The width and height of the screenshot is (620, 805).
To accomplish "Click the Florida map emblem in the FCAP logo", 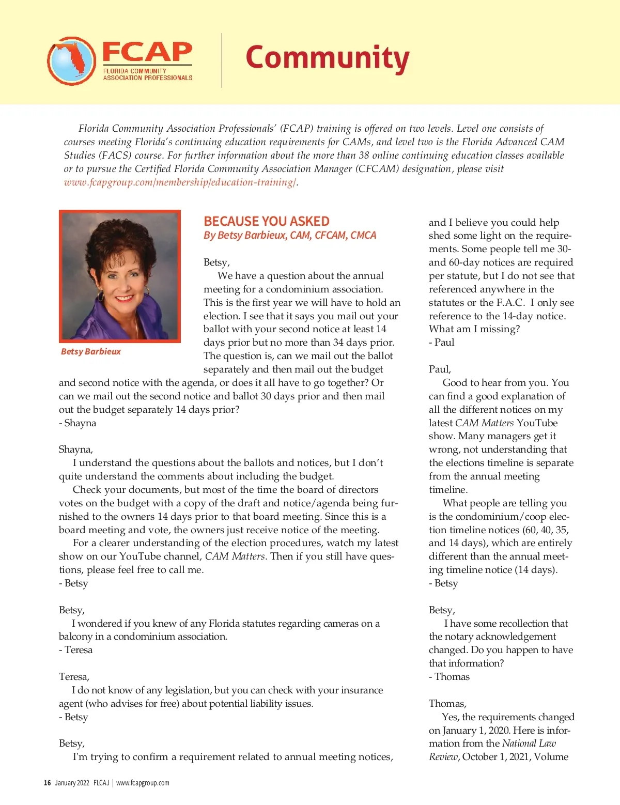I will (71, 60).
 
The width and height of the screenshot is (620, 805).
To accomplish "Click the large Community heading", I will (327, 58).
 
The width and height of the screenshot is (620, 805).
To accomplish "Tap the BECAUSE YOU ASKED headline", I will (266, 221).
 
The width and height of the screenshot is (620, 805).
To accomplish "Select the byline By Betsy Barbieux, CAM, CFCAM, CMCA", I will (290, 235).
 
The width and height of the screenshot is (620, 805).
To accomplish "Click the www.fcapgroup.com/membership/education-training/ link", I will (180, 182).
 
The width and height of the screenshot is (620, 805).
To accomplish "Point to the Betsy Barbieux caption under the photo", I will (91, 351).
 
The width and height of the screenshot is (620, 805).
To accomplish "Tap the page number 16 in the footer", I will (47, 783).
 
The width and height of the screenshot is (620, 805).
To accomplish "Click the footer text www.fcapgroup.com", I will (143, 783).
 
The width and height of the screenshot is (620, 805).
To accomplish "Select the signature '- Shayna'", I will (78, 423).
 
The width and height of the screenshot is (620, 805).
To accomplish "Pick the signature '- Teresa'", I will (75, 649).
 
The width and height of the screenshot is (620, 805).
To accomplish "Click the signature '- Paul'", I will (442, 342).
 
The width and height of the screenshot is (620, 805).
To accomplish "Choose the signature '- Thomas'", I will (449, 676).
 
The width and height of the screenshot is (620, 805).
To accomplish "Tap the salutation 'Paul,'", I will (440, 369).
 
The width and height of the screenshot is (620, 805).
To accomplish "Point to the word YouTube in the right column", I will (537, 423).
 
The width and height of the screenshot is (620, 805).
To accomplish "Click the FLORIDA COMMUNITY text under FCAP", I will (135, 71).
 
